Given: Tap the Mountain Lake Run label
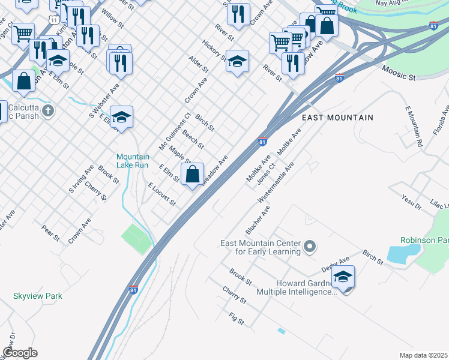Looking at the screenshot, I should point(133,161).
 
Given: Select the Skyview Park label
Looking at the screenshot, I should point(37,296).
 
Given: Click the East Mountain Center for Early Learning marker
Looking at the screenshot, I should point(310,247).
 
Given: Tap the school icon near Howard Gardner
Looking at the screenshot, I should point(343,277).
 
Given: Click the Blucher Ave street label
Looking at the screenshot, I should point(258,220).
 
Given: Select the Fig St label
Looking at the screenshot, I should point(237,318).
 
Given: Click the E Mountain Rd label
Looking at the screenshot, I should point(414,127).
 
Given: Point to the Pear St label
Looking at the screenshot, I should point(51,233).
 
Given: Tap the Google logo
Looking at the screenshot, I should point(20,353).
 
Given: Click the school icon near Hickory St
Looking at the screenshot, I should point(237,61).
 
